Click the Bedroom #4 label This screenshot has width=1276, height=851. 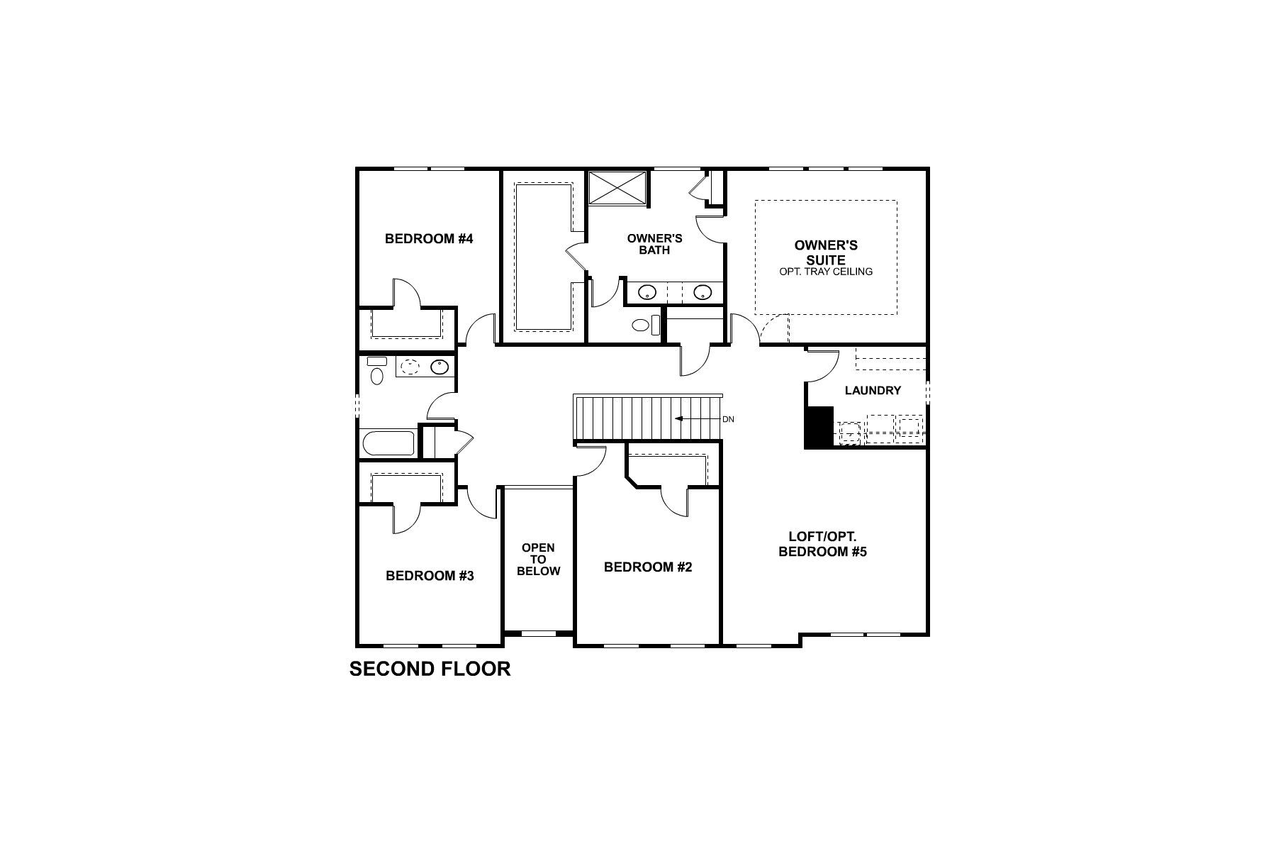pos(428,239)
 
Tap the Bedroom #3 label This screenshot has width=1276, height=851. pos(430,576)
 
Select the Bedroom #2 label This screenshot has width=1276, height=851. pos(647,567)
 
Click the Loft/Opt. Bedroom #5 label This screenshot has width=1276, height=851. pos(822,545)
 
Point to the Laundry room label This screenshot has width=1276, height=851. pos(873,391)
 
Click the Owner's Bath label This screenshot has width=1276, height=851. pos(654,244)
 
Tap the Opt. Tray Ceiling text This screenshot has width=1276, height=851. pos(825,272)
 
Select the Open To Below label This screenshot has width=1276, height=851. pos(538,560)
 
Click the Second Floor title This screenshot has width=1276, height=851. pos(430,669)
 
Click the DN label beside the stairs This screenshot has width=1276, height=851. pos(728,419)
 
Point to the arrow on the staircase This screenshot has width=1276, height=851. pos(695,418)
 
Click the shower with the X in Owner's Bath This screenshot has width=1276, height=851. pos(617,187)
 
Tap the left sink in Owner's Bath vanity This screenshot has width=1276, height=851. pos(647,291)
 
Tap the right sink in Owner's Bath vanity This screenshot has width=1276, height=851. pos(702,291)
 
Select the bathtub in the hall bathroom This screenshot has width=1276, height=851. pos(388,444)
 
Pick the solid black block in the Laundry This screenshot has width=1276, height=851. pos(819,427)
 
